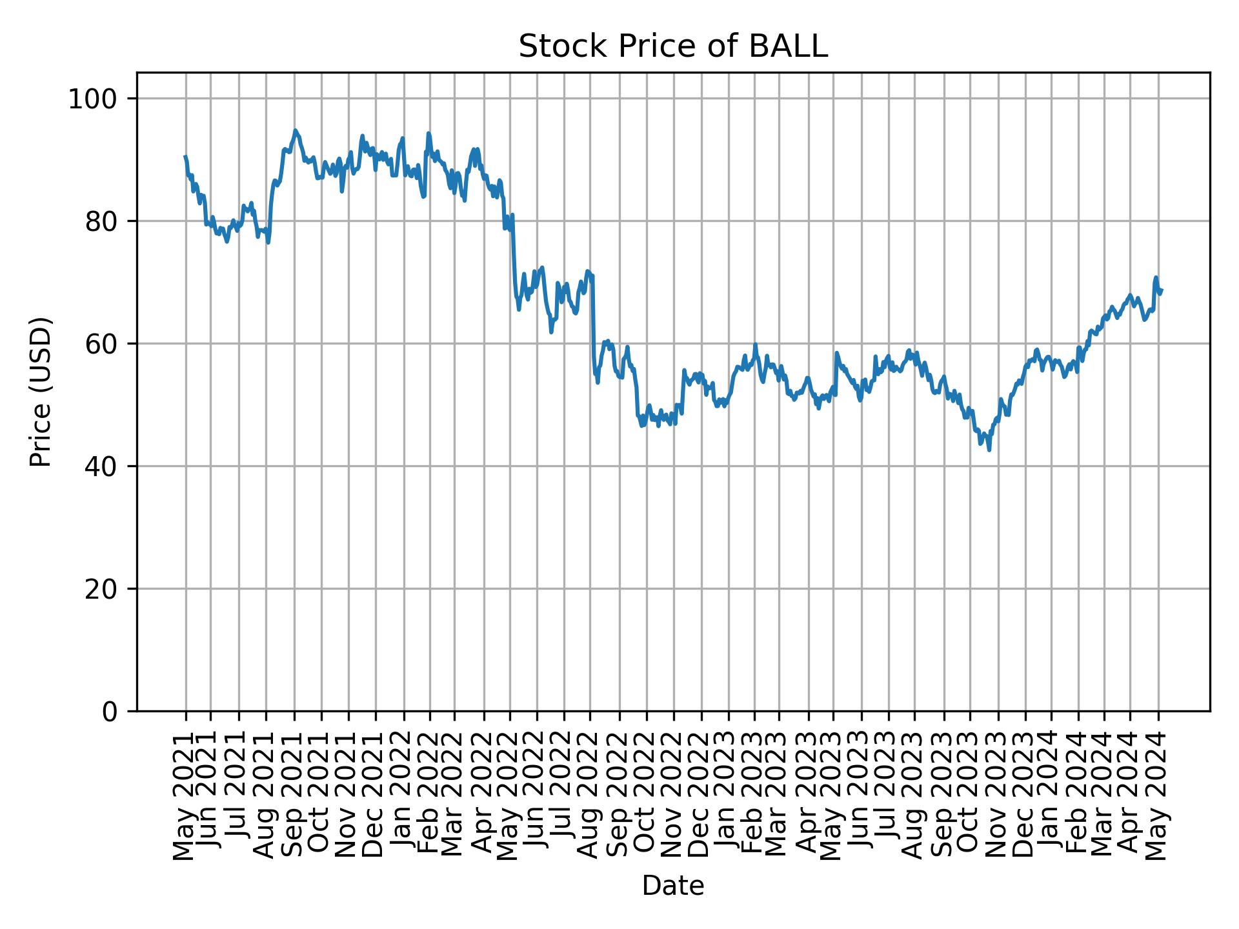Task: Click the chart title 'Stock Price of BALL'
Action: [672, 47]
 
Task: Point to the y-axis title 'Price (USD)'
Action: [41, 392]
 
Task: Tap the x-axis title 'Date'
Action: [672, 886]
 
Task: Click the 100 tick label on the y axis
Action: [97, 99]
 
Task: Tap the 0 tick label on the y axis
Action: [110, 712]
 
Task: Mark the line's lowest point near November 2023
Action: [989, 450]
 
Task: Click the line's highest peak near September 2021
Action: [295, 130]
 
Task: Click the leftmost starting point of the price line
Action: [185, 156]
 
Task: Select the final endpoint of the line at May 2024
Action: [1162, 290]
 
